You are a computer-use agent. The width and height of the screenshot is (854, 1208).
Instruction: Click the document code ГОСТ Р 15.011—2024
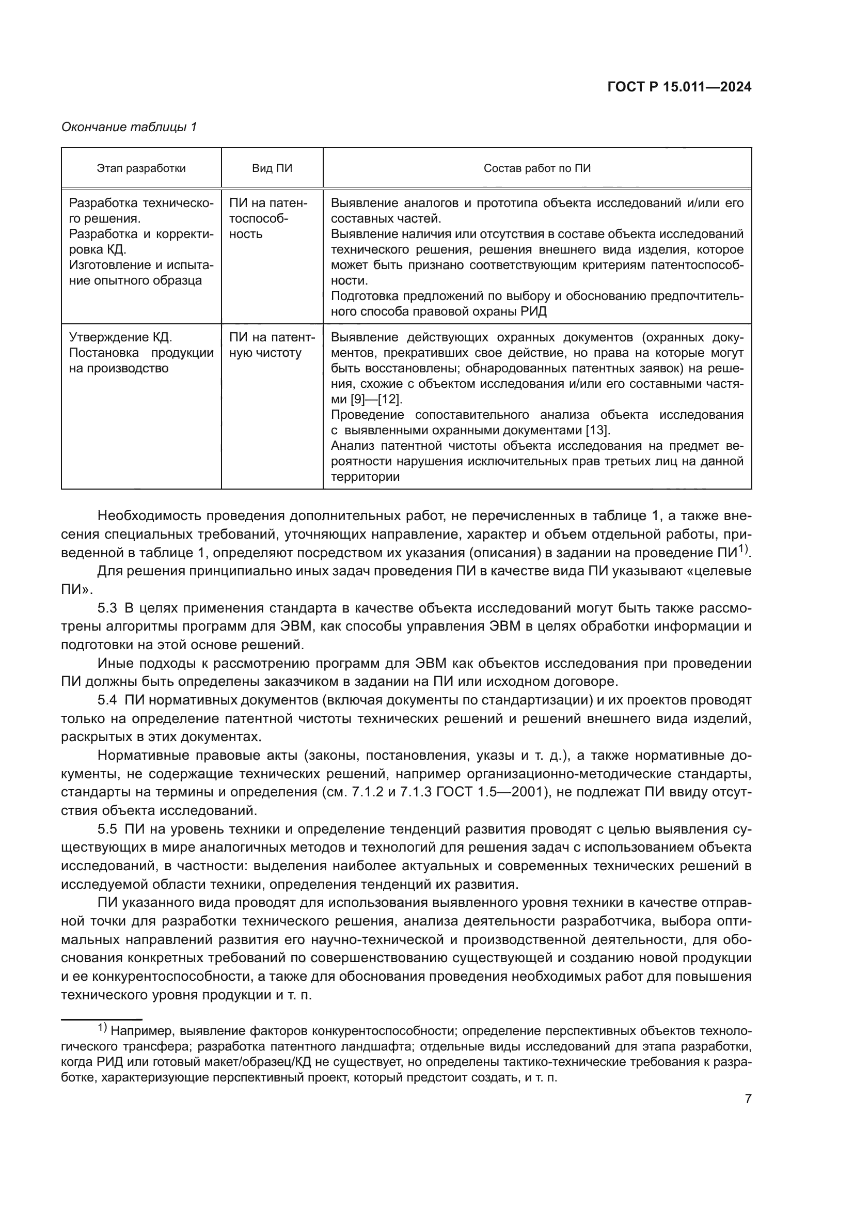679,87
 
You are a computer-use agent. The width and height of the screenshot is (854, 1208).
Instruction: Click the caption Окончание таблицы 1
129,127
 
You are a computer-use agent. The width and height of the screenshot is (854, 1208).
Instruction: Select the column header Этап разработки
141,168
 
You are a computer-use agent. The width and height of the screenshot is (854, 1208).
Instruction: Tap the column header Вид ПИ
272,168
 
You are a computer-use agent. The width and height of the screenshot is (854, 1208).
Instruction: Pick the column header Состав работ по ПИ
537,168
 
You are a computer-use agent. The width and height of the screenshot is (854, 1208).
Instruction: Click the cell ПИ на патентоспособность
268,218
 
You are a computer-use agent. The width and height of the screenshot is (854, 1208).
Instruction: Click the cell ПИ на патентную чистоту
272,345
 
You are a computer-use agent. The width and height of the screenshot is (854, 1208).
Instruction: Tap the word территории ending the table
366,477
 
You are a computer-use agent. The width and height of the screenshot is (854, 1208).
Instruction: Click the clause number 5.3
107,609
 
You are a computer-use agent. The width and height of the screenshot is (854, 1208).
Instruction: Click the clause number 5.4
107,700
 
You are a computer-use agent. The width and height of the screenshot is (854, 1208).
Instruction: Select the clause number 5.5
107,830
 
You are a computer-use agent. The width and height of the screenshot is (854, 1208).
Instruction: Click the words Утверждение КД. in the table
121,337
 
